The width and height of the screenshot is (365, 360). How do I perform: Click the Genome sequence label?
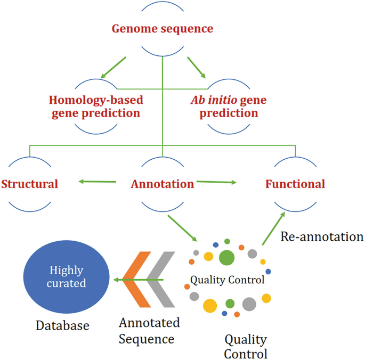point(162,28)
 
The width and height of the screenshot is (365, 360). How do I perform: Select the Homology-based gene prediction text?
point(95,106)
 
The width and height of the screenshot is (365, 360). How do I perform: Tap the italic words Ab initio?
point(212,100)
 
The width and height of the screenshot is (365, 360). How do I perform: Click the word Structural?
point(29,184)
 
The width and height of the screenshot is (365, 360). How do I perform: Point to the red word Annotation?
point(162,184)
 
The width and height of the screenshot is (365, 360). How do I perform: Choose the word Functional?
point(295,184)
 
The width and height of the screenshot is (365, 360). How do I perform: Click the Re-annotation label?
point(322,236)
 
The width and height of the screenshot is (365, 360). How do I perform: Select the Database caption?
point(62,325)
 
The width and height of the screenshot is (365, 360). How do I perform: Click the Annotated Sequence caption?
point(149,331)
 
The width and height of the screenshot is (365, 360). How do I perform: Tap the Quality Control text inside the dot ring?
point(227,280)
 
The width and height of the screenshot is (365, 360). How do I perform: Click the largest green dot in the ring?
point(227,257)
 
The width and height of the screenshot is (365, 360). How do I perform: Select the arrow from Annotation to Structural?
point(98,182)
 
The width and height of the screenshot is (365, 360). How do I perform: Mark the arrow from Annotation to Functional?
point(216,182)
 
